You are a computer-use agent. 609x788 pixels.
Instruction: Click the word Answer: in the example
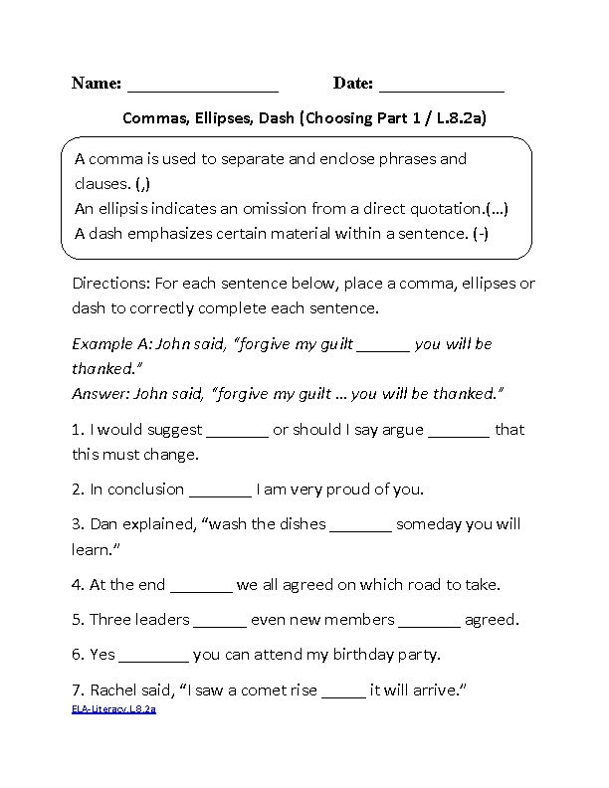(101, 393)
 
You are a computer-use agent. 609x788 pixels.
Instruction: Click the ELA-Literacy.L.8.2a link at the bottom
(113, 709)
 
